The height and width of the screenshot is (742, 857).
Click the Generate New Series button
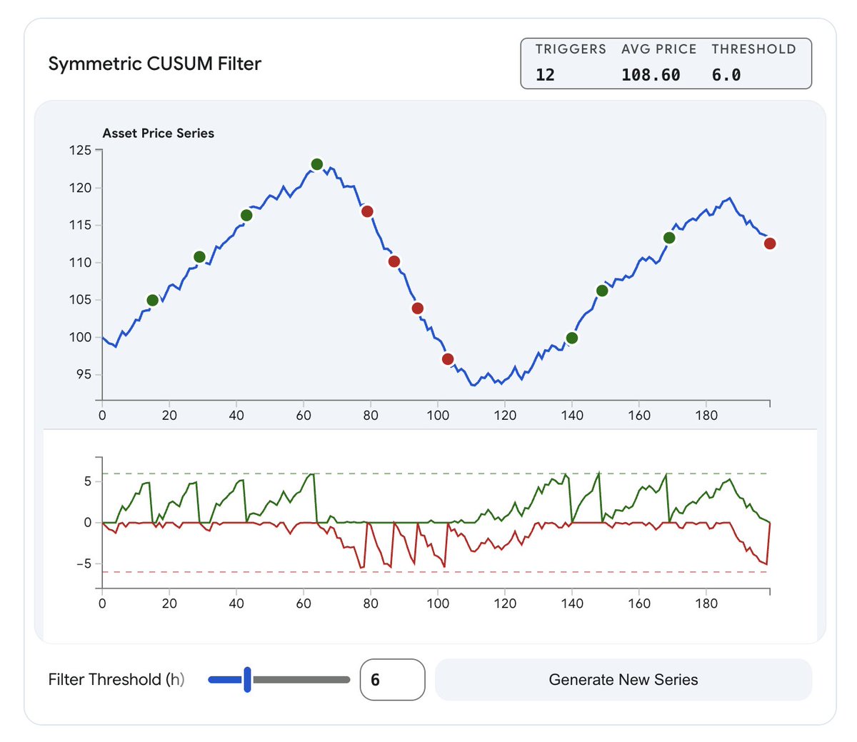[x=623, y=679]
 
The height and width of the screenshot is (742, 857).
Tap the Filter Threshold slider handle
[x=247, y=679]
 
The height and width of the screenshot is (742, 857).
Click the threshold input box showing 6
[x=392, y=679]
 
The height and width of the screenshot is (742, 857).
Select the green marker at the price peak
[x=317, y=164]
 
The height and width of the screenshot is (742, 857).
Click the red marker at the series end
[x=770, y=244]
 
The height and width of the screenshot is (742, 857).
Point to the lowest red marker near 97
[x=448, y=359]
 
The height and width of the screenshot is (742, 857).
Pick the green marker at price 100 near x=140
[x=571, y=338]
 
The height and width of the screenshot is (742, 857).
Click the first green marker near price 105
[x=152, y=300]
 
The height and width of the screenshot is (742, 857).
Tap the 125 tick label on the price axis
[x=80, y=150]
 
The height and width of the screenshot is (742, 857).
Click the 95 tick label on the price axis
[x=83, y=374]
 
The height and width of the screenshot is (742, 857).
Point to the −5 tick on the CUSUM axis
[x=83, y=563]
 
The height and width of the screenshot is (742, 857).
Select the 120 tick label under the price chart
[x=505, y=416]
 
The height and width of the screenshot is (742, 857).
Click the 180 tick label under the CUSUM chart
[x=706, y=603]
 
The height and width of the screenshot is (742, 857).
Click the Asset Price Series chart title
[x=159, y=133]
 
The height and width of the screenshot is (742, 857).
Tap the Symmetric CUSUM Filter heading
[x=155, y=64]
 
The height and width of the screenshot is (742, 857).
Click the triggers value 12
[x=545, y=75]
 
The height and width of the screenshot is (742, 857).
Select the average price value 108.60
[x=651, y=75]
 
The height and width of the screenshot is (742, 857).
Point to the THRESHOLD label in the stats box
[x=753, y=49]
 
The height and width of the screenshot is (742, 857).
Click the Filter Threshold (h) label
[x=116, y=679]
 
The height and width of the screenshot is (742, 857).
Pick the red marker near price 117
[x=367, y=211]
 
